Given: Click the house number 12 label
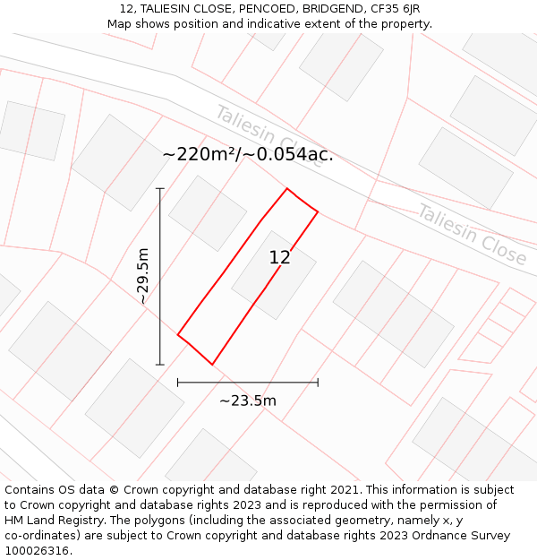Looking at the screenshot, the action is point(279,258).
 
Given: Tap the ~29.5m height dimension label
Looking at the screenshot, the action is point(143,276).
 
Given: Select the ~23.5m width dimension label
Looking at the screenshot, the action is point(248,401).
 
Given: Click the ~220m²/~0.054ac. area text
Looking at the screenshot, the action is point(248,154).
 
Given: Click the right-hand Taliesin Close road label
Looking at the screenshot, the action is point(471,235).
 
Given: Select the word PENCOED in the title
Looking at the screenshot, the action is point(245,9).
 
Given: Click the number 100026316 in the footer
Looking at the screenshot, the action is point(37,551).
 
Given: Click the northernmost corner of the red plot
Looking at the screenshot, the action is point(287,188).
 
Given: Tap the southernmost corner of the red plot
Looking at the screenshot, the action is point(212,364).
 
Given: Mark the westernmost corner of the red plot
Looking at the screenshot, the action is point(178,335).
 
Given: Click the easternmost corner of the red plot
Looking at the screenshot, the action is point(318,211).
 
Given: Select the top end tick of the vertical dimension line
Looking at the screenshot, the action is point(160,188).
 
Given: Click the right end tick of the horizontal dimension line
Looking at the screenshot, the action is point(318,383).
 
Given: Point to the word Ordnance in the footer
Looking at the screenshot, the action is point(427,536).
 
